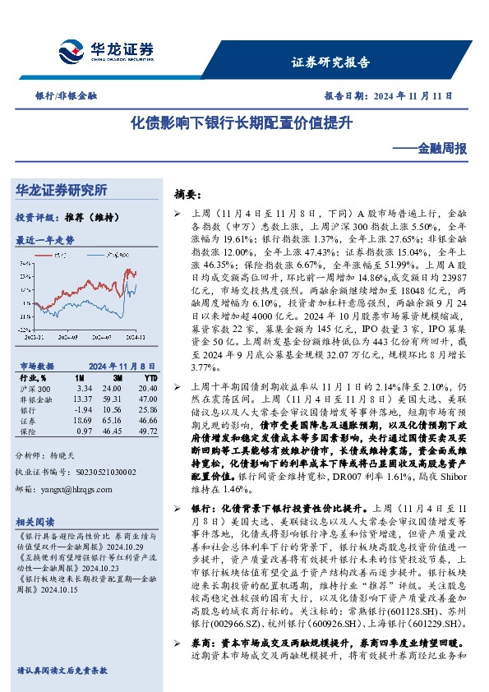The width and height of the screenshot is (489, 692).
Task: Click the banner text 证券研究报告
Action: (330, 62)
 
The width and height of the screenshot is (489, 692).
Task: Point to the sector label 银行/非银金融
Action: (67, 96)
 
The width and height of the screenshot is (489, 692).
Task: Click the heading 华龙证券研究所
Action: (62, 190)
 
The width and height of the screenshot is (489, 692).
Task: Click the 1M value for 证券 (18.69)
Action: (83, 419)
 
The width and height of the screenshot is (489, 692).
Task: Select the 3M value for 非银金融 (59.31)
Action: (113, 399)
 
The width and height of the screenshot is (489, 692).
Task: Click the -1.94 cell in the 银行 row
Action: (83, 409)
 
